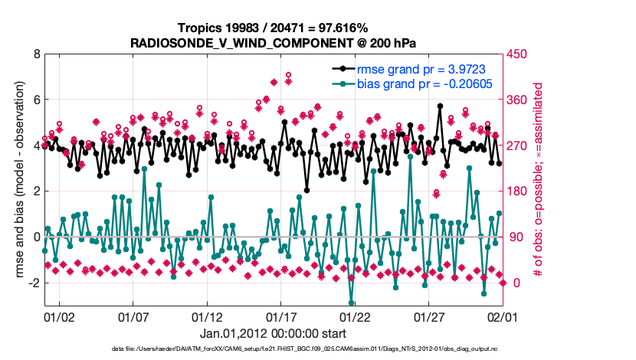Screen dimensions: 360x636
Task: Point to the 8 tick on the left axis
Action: (36, 54)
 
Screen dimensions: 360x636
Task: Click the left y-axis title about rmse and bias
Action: (15, 181)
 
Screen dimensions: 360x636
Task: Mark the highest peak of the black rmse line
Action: (440, 106)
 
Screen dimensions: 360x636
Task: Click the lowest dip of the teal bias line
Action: (351, 303)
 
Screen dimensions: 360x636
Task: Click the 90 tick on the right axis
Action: (512, 237)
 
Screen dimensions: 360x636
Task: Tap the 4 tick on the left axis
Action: (36, 146)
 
